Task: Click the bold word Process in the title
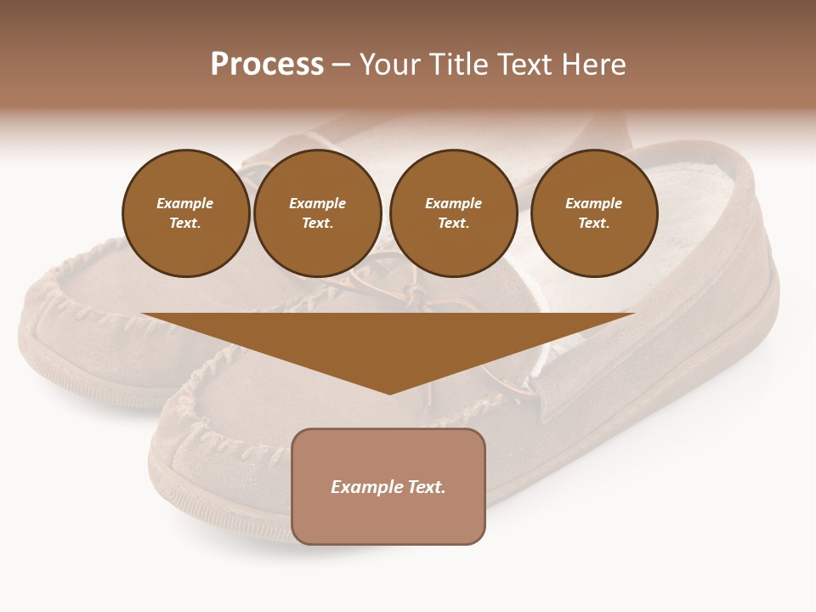tap(267, 65)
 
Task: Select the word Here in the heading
tap(594, 65)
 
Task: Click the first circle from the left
tap(185, 213)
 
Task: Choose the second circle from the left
tap(317, 213)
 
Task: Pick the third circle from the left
tap(453, 213)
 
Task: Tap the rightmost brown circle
tap(593, 213)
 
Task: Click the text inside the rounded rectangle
tap(388, 487)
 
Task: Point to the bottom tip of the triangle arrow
tap(389, 392)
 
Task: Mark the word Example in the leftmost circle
tap(185, 203)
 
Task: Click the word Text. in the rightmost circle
tap(593, 224)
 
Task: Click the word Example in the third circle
tap(453, 203)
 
